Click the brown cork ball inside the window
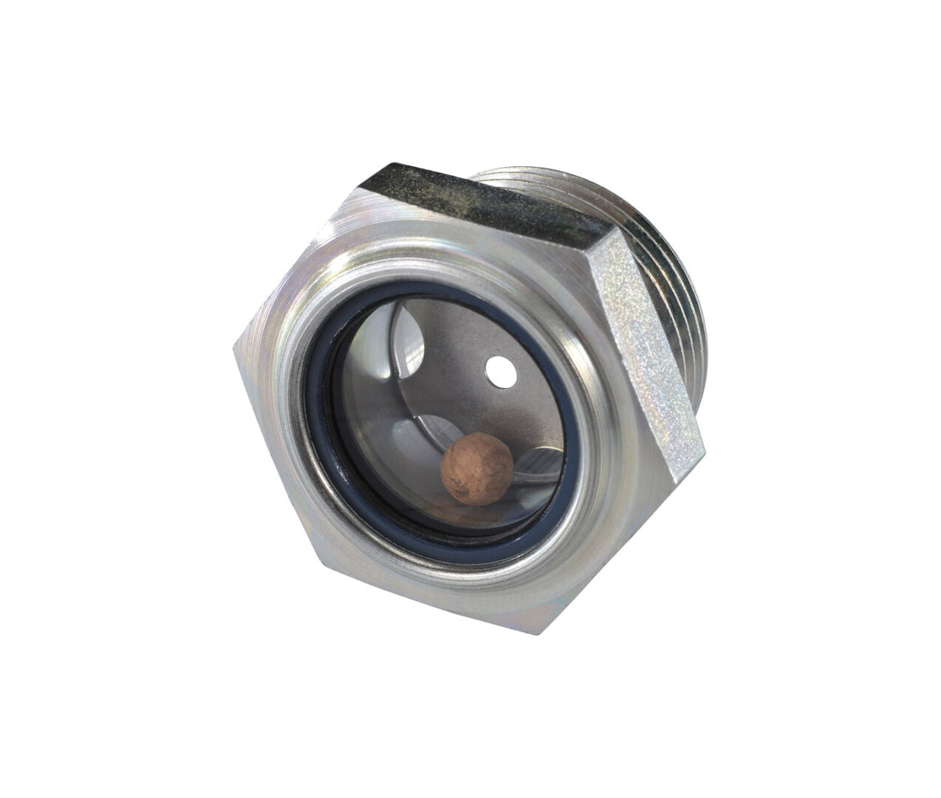pyautogui.click(x=477, y=468)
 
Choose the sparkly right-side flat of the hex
pyautogui.click(x=648, y=345)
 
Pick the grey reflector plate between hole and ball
pyautogui.click(x=470, y=408)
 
